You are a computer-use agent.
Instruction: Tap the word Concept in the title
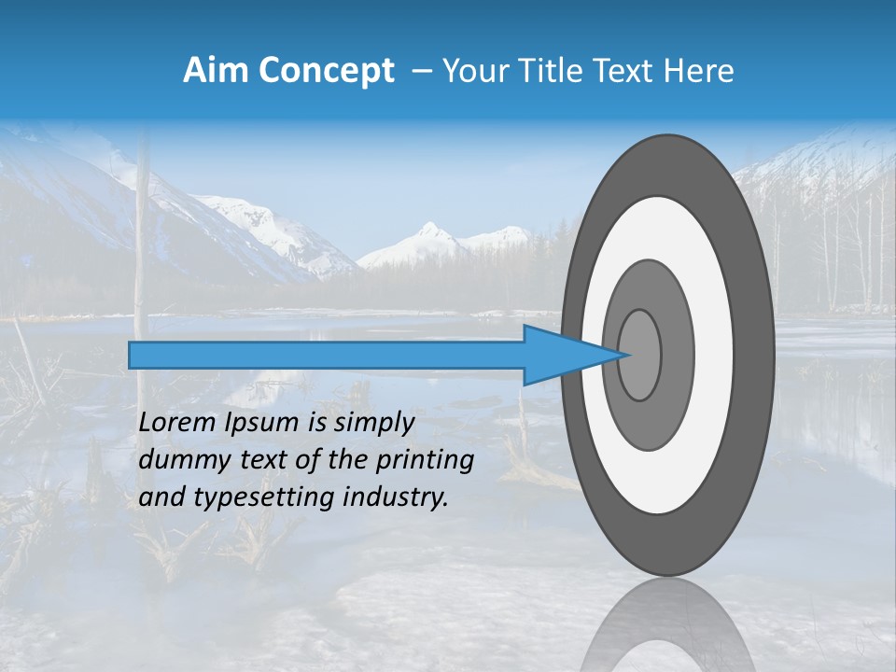(x=327, y=71)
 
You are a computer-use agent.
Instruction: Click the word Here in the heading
(x=700, y=71)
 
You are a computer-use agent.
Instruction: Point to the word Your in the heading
(x=475, y=71)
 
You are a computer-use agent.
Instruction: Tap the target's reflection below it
(x=667, y=630)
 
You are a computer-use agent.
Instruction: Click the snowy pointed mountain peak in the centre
(x=429, y=231)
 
